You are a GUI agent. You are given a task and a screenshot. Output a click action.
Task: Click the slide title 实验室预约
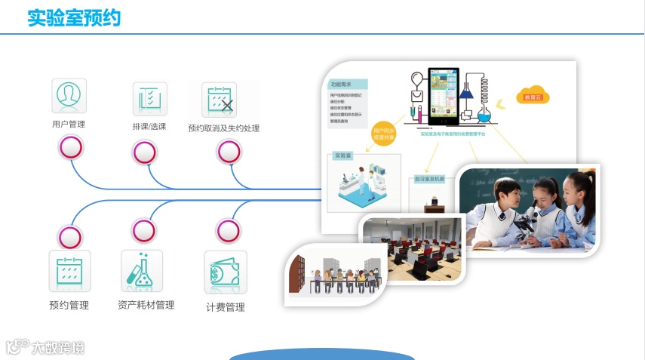tap(74, 18)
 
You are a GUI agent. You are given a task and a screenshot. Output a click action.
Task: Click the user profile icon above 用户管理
tap(69, 96)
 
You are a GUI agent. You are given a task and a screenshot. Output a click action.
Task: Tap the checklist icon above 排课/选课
tap(149, 99)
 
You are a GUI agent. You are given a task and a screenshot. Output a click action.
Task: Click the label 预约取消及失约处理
tap(223, 128)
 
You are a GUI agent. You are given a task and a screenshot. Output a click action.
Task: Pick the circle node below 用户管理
tap(70, 148)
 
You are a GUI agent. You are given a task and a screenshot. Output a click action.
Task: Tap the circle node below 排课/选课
tap(144, 153)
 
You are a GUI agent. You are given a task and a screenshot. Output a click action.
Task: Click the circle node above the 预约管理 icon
tap(69, 237)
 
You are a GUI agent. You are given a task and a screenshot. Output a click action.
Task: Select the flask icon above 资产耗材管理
tap(142, 271)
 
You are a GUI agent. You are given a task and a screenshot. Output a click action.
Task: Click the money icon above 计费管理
tap(226, 272)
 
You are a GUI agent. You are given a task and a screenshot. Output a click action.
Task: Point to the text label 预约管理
tap(69, 306)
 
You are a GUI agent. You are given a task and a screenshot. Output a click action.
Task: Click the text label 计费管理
tap(226, 307)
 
